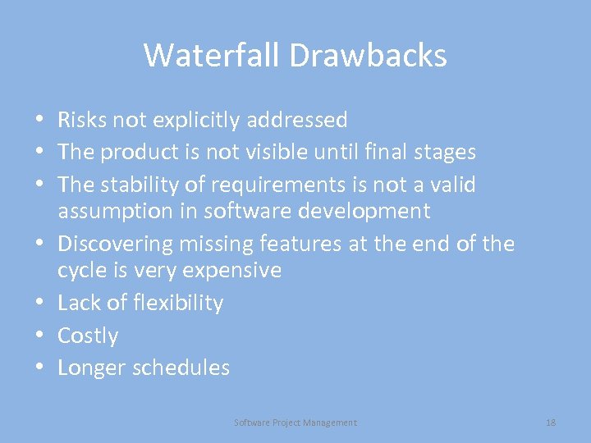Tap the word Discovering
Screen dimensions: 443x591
115,244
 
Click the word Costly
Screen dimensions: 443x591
88,336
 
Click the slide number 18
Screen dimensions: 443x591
551,422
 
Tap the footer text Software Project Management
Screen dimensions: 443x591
295,422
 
